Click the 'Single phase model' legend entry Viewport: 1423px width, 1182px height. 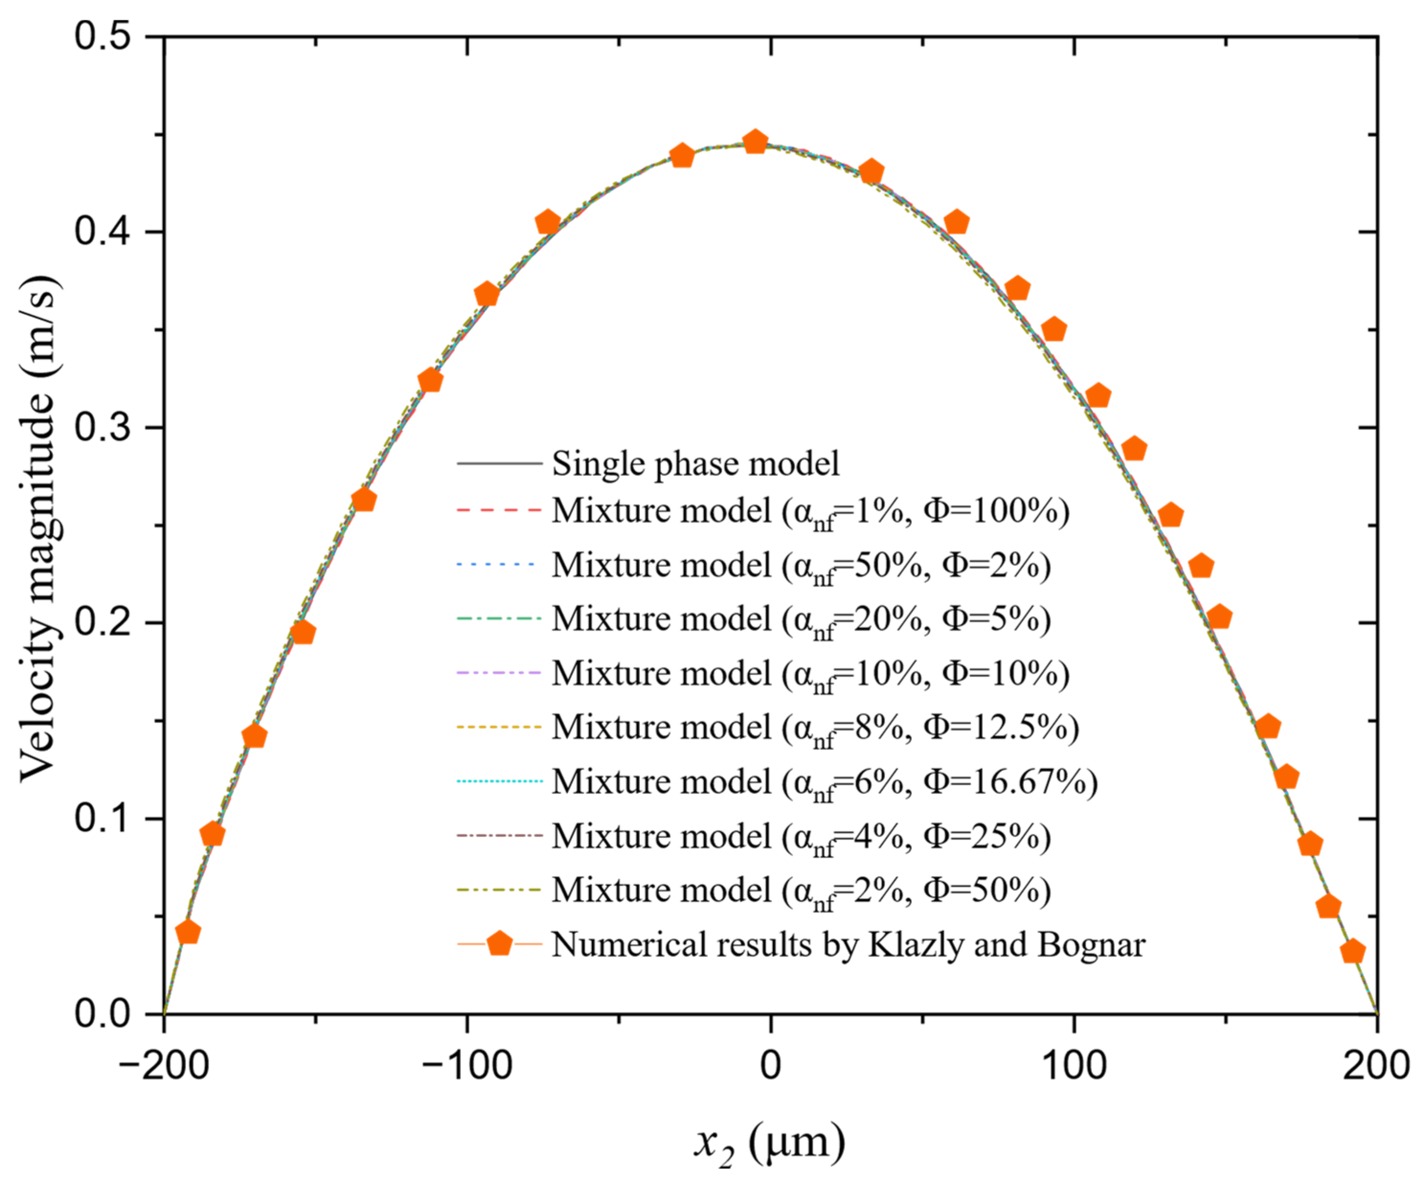point(695,464)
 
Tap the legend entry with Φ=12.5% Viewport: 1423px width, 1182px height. point(814,727)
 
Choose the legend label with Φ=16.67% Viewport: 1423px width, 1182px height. point(824,782)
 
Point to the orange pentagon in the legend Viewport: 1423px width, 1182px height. point(500,943)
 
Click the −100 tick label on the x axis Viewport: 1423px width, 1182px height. point(467,1066)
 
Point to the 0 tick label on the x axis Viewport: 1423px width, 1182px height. point(770,1066)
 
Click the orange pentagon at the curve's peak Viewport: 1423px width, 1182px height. point(755,142)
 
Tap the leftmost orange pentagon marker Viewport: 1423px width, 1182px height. point(188,932)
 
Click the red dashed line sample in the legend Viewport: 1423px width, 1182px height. point(499,509)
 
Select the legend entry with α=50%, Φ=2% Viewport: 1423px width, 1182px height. point(800,565)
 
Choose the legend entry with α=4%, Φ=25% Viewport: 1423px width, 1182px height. point(800,836)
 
